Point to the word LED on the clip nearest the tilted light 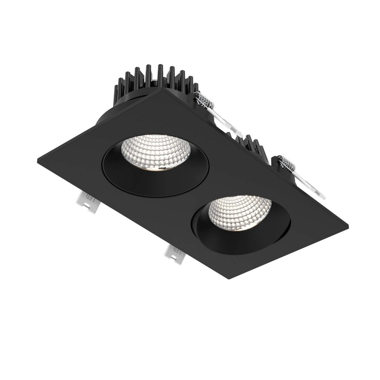(177, 252)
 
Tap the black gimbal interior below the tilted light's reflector (229, 239)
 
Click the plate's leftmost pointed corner (38, 160)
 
